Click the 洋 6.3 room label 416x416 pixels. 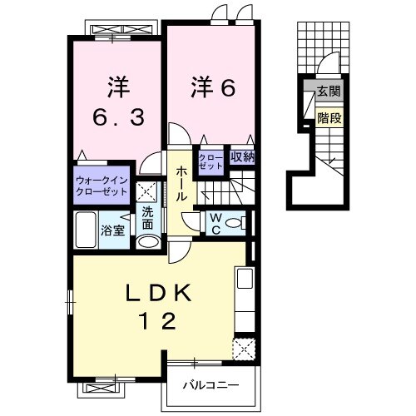116,102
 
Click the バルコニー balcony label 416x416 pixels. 212,385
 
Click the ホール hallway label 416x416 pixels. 181,182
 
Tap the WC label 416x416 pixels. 212,222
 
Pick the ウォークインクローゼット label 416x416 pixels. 101,184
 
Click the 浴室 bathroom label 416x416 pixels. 113,230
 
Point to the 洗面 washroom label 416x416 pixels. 146,217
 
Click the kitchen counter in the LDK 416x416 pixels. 244,300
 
